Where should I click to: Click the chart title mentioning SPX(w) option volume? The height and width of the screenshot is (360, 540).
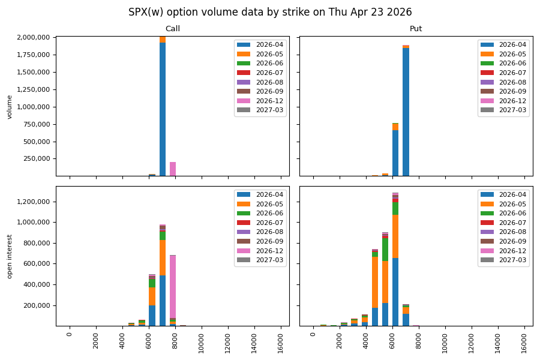270,12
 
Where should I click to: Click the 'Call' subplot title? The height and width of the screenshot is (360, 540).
172,29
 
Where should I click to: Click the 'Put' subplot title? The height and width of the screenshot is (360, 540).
416,29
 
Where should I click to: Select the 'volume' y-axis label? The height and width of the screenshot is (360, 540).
10,106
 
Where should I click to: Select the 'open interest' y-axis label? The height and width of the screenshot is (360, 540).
10,256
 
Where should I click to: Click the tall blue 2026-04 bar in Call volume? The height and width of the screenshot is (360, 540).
163,108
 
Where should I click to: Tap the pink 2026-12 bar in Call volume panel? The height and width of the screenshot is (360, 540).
173,169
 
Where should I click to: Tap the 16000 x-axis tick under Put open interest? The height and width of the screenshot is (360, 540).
525,341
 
